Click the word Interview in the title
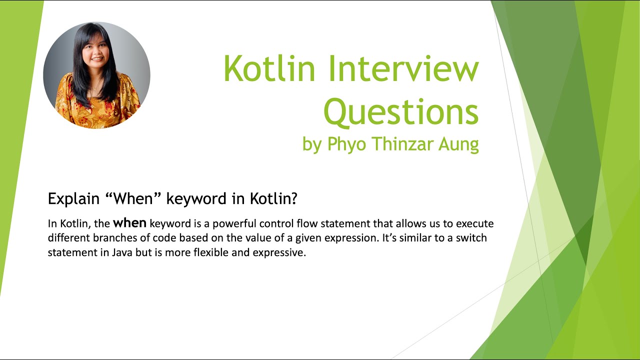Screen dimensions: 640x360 [x=403, y=68]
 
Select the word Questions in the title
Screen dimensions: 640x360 [x=401, y=112]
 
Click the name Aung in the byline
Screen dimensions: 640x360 [x=459, y=144]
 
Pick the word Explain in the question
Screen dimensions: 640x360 [x=73, y=198]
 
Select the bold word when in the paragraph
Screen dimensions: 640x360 [x=130, y=223]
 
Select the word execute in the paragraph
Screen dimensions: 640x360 [x=475, y=223]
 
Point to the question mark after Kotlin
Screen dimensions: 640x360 [x=294, y=198]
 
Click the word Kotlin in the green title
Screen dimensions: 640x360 [x=269, y=68]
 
